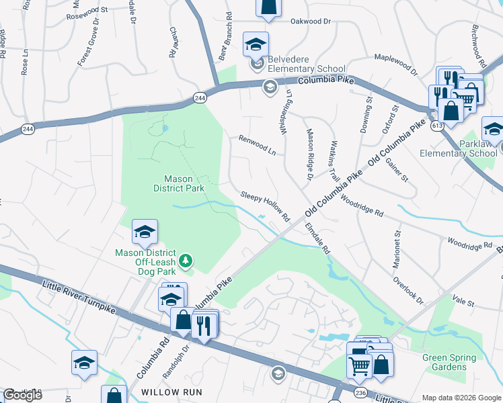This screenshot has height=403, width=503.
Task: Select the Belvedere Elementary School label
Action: [x=307, y=64]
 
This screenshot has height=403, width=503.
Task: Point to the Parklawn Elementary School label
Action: [x=458, y=148]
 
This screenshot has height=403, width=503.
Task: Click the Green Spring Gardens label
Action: [x=449, y=362]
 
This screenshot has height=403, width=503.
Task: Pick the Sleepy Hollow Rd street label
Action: [x=265, y=207]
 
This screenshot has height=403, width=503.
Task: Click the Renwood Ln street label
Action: [x=258, y=144]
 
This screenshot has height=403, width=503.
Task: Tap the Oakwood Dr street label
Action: [x=311, y=21]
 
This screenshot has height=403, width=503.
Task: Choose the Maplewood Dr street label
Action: [x=395, y=64]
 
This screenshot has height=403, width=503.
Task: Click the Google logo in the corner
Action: [x=22, y=395]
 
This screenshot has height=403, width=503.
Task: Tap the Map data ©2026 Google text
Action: [x=461, y=398]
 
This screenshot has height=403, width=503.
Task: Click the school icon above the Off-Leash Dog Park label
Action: [x=145, y=232]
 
